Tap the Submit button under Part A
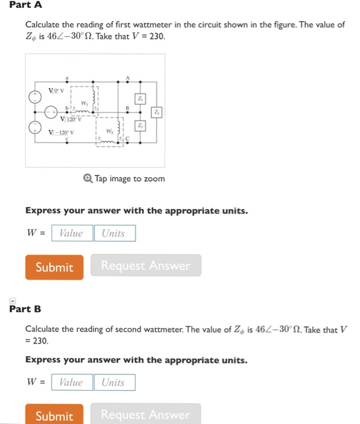(x=54, y=267)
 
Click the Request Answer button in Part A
(x=145, y=266)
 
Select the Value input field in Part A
(x=72, y=233)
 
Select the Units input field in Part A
(x=114, y=233)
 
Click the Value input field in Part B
(x=72, y=382)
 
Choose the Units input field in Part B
(x=114, y=382)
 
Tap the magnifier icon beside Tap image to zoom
(x=89, y=179)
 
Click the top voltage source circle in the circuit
(x=36, y=96)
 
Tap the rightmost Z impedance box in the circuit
(x=156, y=113)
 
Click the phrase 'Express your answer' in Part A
(x=67, y=211)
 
